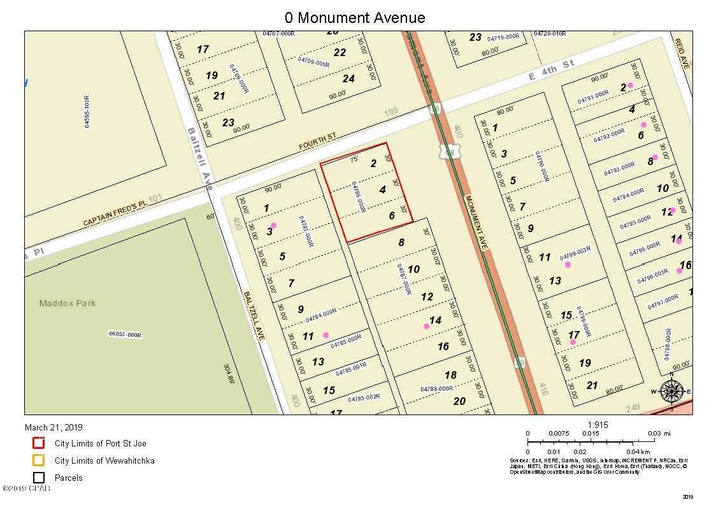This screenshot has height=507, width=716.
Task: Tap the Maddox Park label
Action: click(68, 303)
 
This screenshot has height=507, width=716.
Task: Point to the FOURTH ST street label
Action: click(317, 142)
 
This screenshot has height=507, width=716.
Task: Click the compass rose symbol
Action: click(671, 391)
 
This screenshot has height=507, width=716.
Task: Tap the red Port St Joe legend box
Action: click(39, 443)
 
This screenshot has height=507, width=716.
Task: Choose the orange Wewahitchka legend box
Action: click(39, 460)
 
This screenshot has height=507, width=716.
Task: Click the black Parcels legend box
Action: click(39, 478)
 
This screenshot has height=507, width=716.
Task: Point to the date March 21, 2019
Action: click(54, 427)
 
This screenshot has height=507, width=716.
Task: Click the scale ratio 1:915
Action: click(599, 423)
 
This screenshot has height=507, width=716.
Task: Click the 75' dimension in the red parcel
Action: click(354, 159)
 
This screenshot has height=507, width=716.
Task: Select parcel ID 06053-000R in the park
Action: click(125, 334)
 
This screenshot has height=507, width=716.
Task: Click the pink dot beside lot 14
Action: click(427, 326)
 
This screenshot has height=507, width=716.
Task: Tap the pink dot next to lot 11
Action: click(326, 334)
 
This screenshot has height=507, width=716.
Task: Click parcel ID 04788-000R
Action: click(436, 388)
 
